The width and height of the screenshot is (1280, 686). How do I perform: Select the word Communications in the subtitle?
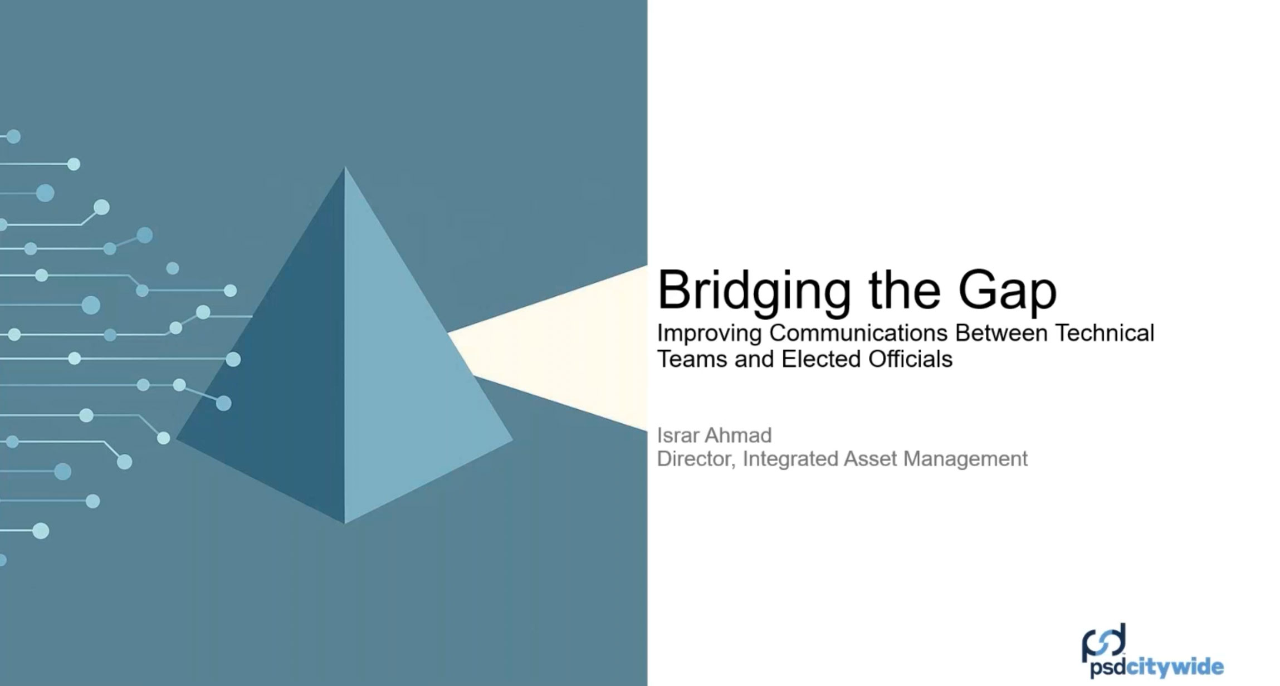click(x=858, y=333)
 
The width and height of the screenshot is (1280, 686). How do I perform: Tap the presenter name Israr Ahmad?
click(x=715, y=434)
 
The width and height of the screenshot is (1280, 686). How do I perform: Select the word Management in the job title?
click(x=965, y=459)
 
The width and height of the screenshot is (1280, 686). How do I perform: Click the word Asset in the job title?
click(x=871, y=459)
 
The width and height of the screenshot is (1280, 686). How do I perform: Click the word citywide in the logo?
click(x=1175, y=667)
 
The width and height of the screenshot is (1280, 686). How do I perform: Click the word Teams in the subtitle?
click(x=692, y=359)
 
